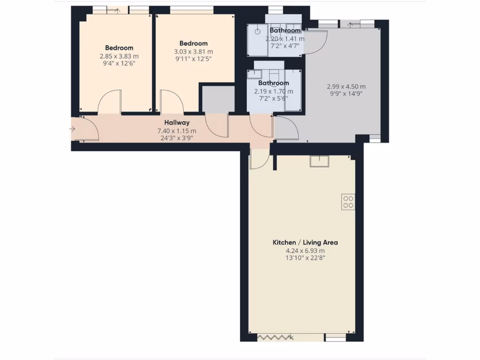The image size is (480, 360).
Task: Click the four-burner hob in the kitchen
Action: click(x=348, y=201)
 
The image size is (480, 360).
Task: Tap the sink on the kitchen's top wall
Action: click(x=319, y=161)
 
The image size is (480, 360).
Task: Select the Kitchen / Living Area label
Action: click(x=305, y=242)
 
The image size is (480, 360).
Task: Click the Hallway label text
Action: click(x=176, y=123)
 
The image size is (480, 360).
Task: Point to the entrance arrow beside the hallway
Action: click(x=72, y=128)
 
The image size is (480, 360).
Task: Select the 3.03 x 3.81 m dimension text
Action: click(x=194, y=52)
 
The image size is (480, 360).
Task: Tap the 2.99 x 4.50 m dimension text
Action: click(x=346, y=86)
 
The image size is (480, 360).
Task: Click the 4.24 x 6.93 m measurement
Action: click(x=305, y=250)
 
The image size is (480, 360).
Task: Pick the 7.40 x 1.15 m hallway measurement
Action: click(x=177, y=131)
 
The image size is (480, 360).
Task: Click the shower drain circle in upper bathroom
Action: click(x=257, y=31)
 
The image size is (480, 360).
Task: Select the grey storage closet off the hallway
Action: click(x=217, y=99)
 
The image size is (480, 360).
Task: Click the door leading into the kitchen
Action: click(x=257, y=159)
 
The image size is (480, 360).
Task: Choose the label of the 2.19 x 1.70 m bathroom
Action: click(x=273, y=83)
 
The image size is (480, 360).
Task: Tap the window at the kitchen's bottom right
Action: click(x=336, y=337)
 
